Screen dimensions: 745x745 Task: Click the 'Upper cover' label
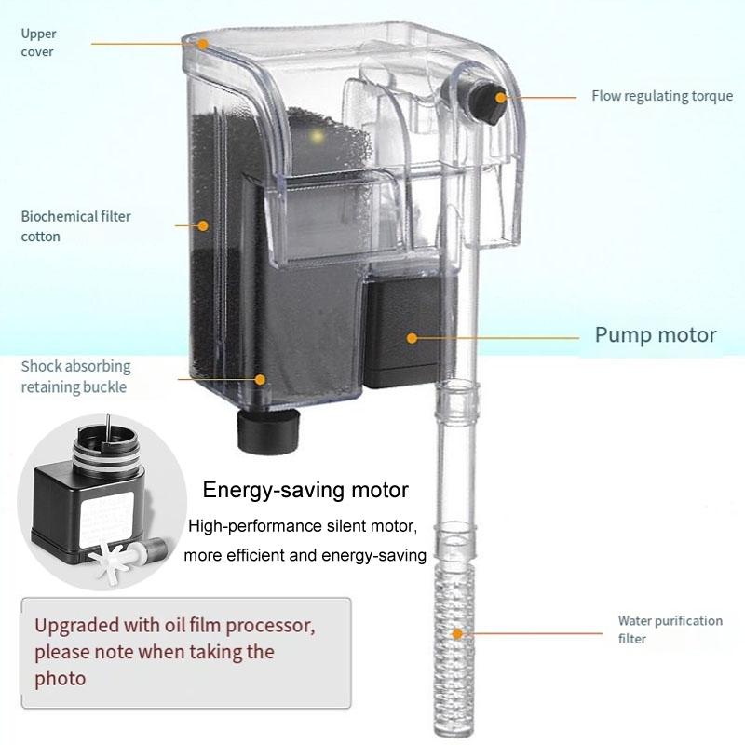38,43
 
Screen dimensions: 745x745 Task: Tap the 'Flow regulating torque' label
662,96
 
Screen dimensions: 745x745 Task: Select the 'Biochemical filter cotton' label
75,226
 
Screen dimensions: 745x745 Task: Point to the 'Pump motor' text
656,334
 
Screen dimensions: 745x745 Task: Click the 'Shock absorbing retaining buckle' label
75,376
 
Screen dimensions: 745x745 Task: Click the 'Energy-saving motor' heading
305,490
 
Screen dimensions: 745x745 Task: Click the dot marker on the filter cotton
203,224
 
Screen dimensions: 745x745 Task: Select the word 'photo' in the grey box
61,678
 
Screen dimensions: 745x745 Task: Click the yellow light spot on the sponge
317,137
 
